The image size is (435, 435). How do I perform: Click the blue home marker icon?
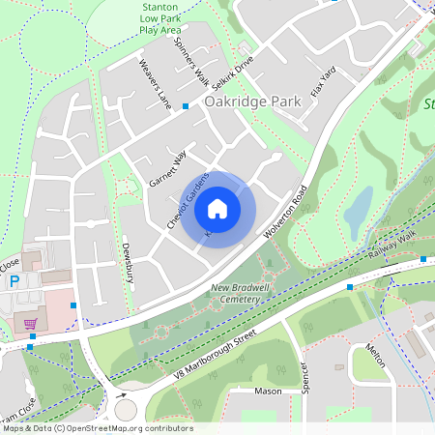pos(217,208)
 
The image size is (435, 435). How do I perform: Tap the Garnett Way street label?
pos(166,168)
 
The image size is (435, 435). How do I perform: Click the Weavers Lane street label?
pos(155,84)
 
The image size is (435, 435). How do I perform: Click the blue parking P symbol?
pos(14,282)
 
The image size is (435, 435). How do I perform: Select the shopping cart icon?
pos(31,324)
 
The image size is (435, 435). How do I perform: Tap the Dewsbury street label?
pos(127,262)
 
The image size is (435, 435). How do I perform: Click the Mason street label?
pos(268,391)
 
